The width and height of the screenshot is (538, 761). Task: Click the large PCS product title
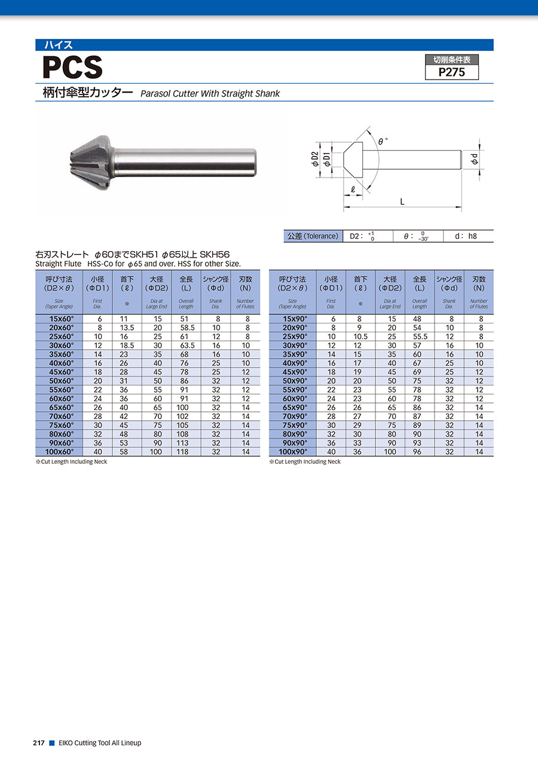coord(72,68)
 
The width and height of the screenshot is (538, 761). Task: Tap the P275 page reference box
coord(452,68)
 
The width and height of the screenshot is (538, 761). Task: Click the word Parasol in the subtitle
coord(155,93)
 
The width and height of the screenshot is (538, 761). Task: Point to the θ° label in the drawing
coord(383,141)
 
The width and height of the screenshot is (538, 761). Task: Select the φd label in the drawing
coord(475,159)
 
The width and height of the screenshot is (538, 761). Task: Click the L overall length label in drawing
coord(402,202)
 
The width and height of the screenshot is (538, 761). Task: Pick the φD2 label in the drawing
coord(315,159)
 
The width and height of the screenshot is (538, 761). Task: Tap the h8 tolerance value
coord(472,236)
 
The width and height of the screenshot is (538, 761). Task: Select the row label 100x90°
coord(293,452)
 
